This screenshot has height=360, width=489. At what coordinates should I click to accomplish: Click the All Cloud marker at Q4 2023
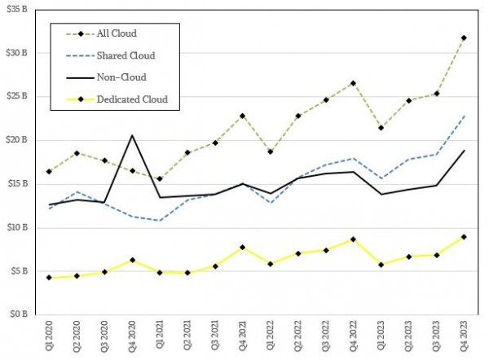click(465, 37)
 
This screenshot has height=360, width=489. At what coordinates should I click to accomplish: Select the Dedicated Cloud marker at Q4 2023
click(465, 237)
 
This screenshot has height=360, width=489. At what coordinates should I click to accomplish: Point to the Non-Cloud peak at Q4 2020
click(132, 135)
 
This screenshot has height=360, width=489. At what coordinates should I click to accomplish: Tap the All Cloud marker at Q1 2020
click(49, 171)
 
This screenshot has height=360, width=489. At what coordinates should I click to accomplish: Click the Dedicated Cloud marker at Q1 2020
click(49, 278)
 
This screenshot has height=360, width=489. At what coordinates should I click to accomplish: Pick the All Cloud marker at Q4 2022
click(353, 83)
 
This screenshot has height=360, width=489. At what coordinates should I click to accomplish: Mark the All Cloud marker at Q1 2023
click(381, 128)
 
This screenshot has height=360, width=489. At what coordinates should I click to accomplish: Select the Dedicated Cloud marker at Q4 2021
click(242, 247)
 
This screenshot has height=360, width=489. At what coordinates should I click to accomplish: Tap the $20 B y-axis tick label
click(18, 139)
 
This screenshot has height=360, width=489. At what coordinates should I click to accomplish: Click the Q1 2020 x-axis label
click(50, 337)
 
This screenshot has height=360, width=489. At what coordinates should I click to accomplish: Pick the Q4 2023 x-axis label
click(465, 337)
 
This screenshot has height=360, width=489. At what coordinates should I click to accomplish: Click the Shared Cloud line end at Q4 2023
click(465, 116)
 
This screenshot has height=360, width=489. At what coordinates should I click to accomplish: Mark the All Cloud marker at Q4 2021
click(242, 116)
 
